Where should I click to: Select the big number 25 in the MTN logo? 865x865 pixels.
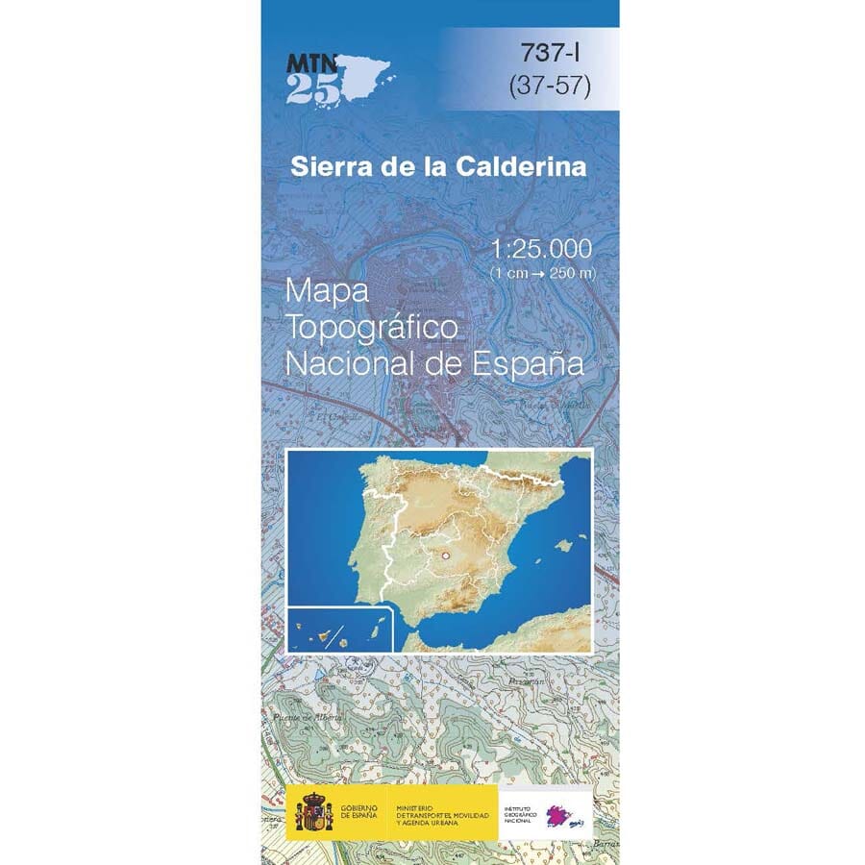tap(312, 88)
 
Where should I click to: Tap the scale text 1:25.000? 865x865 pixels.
tap(540, 250)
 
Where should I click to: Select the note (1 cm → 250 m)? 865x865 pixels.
tap(542, 273)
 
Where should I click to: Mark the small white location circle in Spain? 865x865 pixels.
tap(445, 556)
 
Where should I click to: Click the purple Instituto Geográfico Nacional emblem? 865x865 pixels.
tap(560, 816)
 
